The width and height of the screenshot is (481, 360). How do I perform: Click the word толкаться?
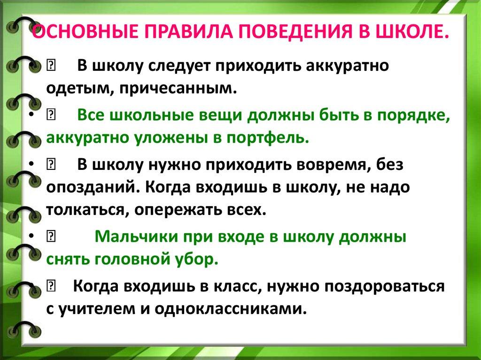(85, 209)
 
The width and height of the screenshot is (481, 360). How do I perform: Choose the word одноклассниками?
(229, 309)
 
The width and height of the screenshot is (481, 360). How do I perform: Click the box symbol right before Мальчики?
(51, 237)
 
